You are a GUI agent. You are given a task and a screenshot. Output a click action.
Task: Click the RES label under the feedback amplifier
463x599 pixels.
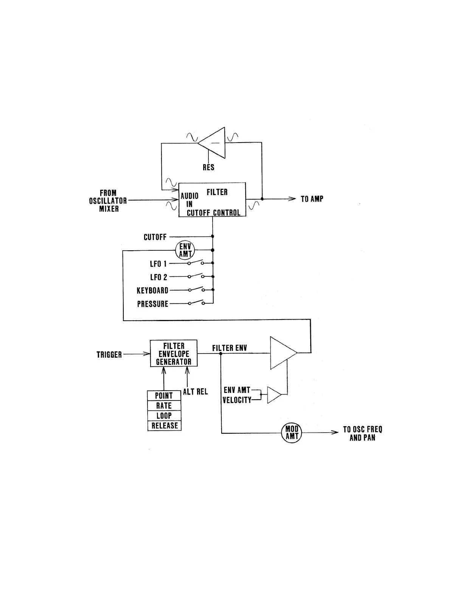point(208,167)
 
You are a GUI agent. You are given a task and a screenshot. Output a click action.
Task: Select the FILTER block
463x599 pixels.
point(212,200)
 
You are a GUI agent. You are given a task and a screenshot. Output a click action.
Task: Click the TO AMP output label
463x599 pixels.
point(312,199)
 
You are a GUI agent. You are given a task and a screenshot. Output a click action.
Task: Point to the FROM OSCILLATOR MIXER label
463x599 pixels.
point(108,201)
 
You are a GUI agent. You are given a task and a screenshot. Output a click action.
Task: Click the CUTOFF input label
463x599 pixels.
point(155,237)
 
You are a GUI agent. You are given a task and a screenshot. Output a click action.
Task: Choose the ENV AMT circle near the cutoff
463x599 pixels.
point(185,250)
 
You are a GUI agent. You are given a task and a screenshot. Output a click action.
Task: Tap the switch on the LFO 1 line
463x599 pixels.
point(196,263)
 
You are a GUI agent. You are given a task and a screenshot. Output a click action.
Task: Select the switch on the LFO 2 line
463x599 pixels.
point(196,276)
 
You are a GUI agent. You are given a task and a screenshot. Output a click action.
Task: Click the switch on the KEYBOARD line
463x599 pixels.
point(196,290)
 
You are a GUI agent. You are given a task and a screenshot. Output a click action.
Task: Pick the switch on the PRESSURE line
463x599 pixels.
point(196,303)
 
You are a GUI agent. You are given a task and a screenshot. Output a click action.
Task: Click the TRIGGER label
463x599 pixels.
point(109,355)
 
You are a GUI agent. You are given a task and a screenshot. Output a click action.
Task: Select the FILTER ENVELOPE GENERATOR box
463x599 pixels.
point(174,354)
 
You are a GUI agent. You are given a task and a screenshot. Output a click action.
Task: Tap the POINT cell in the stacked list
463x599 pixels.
point(164,396)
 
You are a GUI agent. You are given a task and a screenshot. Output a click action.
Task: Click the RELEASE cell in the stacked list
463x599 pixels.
point(164,426)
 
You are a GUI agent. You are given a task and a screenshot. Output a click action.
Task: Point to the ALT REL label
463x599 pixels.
point(196,392)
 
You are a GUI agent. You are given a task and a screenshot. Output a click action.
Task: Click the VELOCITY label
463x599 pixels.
point(237,400)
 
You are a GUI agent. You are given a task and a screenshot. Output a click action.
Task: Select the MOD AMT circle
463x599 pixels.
point(292,432)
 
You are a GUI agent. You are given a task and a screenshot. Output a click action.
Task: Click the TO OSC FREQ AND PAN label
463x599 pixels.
point(362,434)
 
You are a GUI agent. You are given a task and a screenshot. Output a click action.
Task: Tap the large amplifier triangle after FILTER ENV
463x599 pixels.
point(282,352)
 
